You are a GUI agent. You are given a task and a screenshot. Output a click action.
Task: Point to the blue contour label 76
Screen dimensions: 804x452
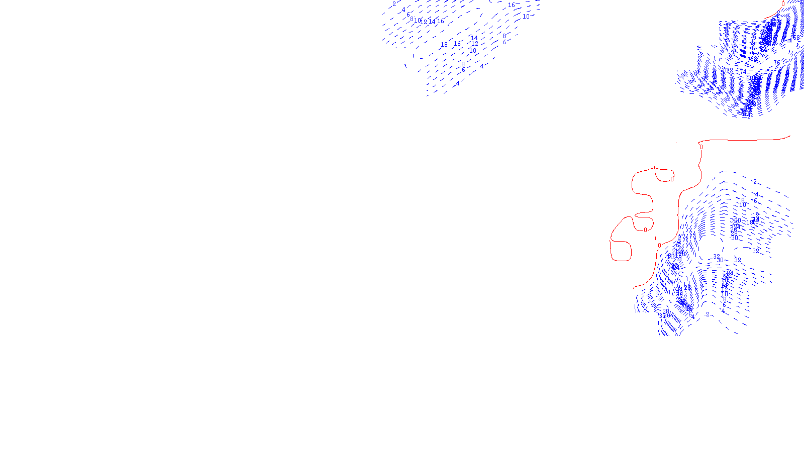click(778, 63)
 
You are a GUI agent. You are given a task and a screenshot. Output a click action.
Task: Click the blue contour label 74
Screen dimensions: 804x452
click(743, 72)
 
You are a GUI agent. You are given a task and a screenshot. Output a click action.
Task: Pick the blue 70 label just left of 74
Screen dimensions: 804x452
click(726, 70)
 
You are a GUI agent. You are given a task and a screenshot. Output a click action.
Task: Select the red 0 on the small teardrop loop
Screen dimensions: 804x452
click(672, 179)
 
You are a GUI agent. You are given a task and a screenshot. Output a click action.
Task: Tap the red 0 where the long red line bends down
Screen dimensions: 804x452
click(701, 147)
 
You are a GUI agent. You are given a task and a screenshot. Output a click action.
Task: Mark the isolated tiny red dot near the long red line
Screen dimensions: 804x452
click(676, 143)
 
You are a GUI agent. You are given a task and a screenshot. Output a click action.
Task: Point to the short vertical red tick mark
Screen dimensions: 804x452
click(656, 238)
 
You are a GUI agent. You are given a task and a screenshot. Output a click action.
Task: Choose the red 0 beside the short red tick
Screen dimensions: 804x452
click(659, 246)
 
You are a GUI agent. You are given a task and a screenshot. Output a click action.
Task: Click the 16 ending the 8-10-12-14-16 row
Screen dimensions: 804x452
click(440, 21)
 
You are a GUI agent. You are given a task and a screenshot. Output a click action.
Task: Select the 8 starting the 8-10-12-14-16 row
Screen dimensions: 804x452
click(412, 20)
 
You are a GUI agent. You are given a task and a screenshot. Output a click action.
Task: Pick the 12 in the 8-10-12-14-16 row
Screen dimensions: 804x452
click(425, 22)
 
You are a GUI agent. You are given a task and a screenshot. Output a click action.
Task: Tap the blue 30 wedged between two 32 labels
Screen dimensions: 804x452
click(721, 260)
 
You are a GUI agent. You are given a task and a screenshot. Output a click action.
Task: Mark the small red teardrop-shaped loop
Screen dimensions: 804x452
click(663, 175)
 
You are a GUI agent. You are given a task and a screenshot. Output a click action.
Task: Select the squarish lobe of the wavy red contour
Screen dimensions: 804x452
click(621, 251)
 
